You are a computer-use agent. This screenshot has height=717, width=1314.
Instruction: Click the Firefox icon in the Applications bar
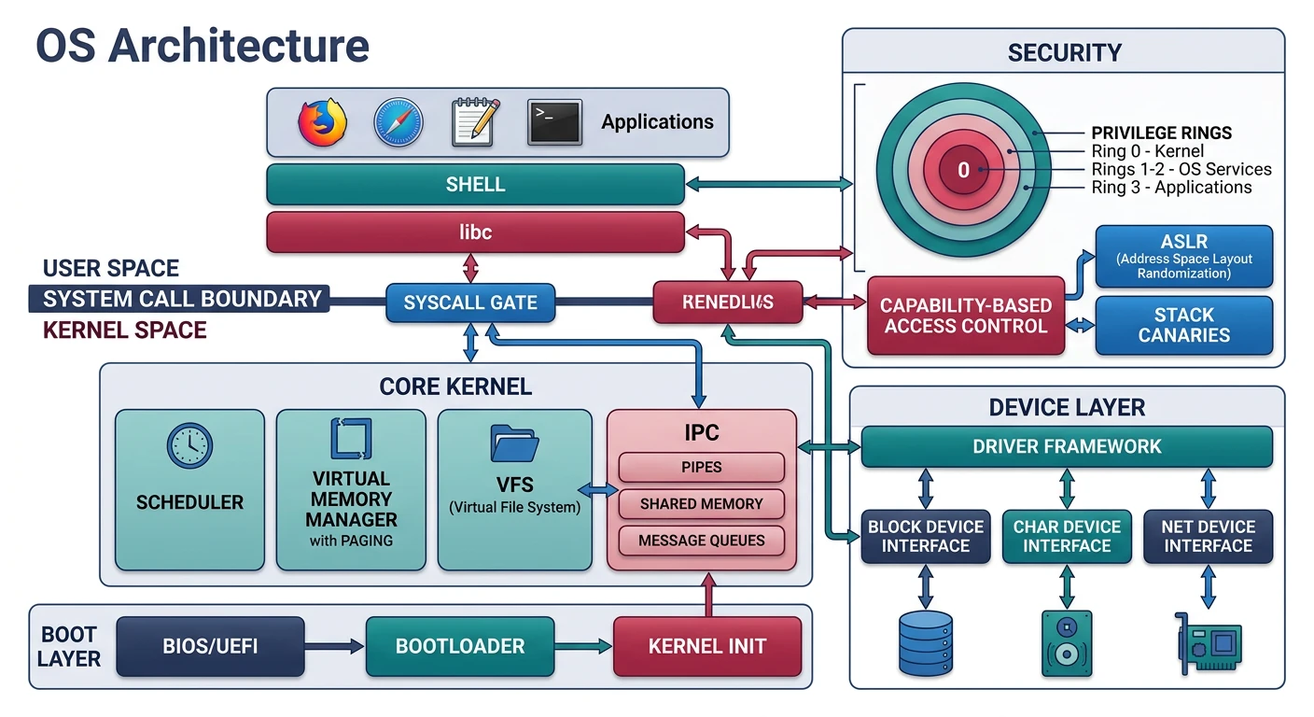(323, 122)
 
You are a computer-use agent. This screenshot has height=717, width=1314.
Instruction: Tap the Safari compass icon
(398, 122)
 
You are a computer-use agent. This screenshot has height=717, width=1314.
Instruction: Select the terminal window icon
(554, 122)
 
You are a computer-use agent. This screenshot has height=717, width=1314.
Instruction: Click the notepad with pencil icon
(476, 122)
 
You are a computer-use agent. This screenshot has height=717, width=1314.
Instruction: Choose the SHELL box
(475, 185)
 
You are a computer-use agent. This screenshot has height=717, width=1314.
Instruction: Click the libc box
(475, 232)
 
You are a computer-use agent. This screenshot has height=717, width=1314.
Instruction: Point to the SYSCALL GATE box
(470, 303)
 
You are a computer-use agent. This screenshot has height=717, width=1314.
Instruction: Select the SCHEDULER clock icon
(189, 446)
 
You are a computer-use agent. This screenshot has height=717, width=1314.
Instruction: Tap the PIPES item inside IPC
(701, 467)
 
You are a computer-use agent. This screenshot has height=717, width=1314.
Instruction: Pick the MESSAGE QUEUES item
(701, 541)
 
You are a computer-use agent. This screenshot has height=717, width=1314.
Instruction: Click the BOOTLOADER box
(459, 646)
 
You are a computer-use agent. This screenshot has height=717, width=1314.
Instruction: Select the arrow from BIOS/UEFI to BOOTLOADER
(334, 646)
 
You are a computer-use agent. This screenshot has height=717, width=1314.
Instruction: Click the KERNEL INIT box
(706, 646)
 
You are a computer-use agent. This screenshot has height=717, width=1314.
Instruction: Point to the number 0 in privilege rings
(964, 171)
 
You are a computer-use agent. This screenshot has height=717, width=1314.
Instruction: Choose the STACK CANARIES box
(1183, 325)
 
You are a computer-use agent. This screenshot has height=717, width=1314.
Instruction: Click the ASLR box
(1183, 256)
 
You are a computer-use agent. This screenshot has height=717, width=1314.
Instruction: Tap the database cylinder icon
(925, 643)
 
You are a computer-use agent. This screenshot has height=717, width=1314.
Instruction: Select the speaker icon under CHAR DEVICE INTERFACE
(1067, 643)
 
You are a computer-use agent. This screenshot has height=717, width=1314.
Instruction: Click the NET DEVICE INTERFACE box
(1208, 536)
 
